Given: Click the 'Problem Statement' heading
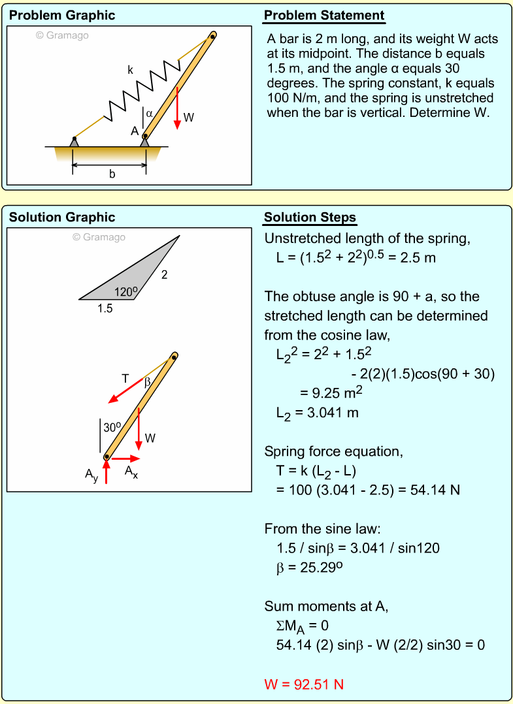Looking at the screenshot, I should [324, 16].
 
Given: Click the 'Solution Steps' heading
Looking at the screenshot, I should [310, 217].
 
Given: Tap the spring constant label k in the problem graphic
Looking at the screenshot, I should [131, 70].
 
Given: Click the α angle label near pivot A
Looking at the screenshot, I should [150, 113].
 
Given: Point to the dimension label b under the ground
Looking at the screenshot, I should [112, 174].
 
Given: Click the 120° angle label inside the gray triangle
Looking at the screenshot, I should [125, 292].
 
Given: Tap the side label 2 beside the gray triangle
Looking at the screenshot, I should [165, 275].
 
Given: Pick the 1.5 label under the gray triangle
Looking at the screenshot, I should [105, 309].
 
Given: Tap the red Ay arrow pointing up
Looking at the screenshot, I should [106, 472].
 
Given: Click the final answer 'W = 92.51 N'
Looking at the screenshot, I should [304, 684].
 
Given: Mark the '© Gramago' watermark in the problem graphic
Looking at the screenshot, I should [62, 35].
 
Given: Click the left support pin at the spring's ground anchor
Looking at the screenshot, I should [74, 140].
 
